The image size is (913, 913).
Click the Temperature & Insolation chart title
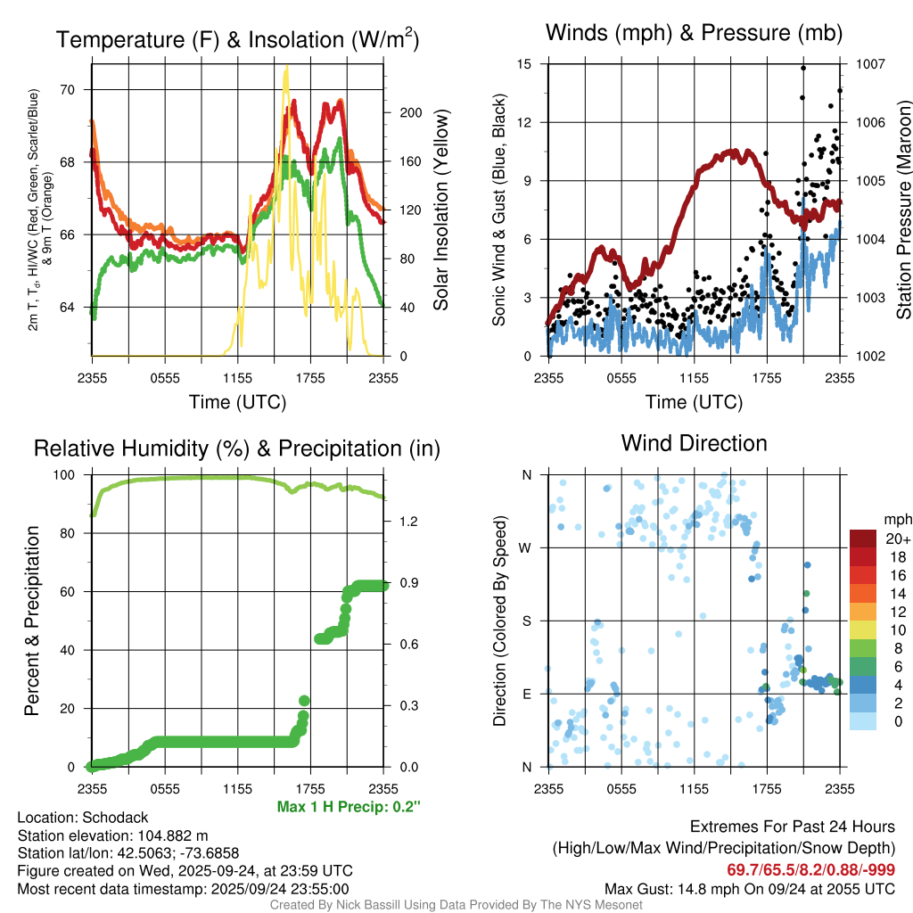tap(237, 40)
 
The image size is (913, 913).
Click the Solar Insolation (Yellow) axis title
tap(441, 210)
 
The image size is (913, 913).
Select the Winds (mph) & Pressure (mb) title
tap(694, 34)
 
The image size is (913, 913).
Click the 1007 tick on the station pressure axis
tap(870, 64)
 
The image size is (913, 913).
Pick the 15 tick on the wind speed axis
tap(524, 64)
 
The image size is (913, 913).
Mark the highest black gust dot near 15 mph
tap(803, 68)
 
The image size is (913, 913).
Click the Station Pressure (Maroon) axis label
tap(903, 210)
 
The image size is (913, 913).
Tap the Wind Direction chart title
tap(694, 443)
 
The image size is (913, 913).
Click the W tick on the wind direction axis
tap(527, 547)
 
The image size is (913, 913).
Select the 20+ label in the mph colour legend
tap(897, 539)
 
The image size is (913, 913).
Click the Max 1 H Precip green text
tap(349, 807)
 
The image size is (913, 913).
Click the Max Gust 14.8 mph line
tap(750, 888)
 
